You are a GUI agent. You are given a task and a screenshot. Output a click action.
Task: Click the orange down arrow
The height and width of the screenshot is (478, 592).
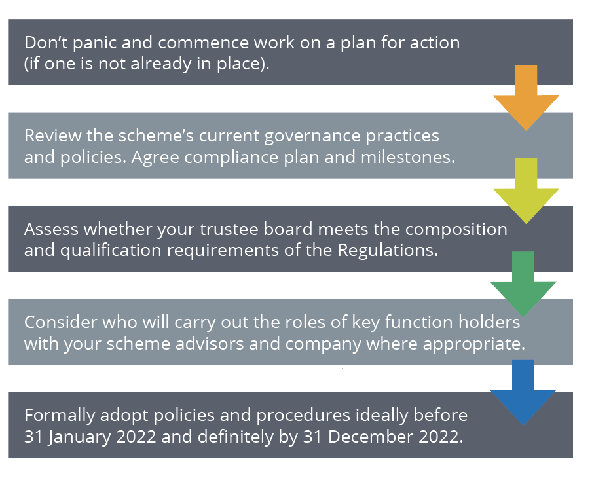click(x=526, y=98)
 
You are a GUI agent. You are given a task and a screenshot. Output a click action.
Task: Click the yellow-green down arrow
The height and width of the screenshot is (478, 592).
click(x=526, y=191)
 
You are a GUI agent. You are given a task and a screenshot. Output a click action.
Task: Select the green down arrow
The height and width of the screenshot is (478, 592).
click(x=523, y=284)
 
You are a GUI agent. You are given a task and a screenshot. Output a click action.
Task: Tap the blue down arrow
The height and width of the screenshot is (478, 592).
click(x=523, y=393)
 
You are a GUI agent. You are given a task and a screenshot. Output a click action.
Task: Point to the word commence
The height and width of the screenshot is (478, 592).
click(x=203, y=43)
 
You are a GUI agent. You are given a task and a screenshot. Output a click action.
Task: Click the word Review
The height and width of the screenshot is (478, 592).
click(x=52, y=136)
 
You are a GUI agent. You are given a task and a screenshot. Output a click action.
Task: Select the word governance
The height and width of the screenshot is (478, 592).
click(x=312, y=137)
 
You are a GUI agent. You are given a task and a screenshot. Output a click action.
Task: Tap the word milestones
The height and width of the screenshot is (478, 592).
click(x=408, y=157)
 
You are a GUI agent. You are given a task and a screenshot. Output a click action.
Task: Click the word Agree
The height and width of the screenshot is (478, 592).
click(x=155, y=158)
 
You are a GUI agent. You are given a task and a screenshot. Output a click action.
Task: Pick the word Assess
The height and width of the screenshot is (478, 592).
click(x=51, y=229)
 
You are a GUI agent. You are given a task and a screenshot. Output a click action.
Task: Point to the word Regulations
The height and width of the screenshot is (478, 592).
click(x=388, y=250)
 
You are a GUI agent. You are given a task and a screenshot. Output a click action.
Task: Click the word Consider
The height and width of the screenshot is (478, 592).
click(x=61, y=322)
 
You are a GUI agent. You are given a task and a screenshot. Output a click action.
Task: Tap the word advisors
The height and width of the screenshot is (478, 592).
click(x=210, y=344)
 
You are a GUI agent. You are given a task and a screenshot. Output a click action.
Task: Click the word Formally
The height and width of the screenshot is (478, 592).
click(x=60, y=416)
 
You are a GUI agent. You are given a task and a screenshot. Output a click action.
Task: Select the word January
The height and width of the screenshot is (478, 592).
click(x=79, y=437)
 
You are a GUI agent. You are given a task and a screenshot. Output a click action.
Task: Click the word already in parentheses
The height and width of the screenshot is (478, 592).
click(x=161, y=64)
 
